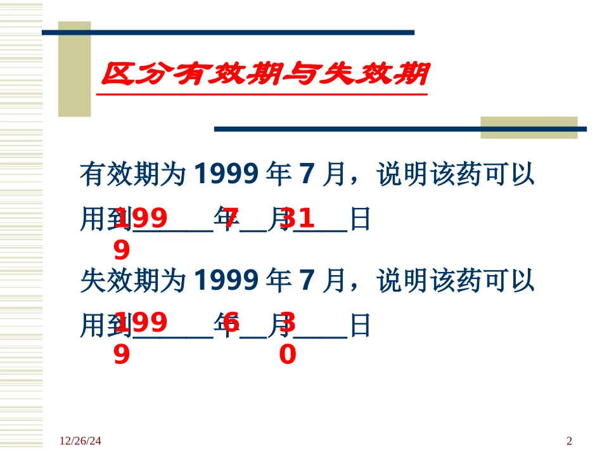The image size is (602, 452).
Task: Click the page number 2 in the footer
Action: pyautogui.click(x=568, y=441)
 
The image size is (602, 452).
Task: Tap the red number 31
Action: pyautogui.click(x=297, y=219)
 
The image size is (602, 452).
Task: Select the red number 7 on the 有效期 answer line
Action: pyautogui.click(x=231, y=219)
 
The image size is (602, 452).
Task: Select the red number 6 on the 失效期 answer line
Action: pyautogui.click(x=231, y=324)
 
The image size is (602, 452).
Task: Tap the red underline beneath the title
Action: pyautogui.click(x=261, y=94)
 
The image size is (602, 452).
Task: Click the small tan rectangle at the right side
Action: pyautogui.click(x=528, y=127)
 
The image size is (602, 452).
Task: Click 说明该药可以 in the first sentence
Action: pyautogui.click(x=456, y=174)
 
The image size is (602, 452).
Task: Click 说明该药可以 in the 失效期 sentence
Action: pyautogui.click(x=456, y=280)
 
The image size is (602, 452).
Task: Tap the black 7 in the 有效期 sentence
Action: pyautogui.click(x=306, y=174)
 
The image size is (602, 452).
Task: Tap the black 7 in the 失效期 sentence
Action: pyautogui.click(x=306, y=280)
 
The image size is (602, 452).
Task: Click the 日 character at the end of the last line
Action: pyautogui.click(x=359, y=326)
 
